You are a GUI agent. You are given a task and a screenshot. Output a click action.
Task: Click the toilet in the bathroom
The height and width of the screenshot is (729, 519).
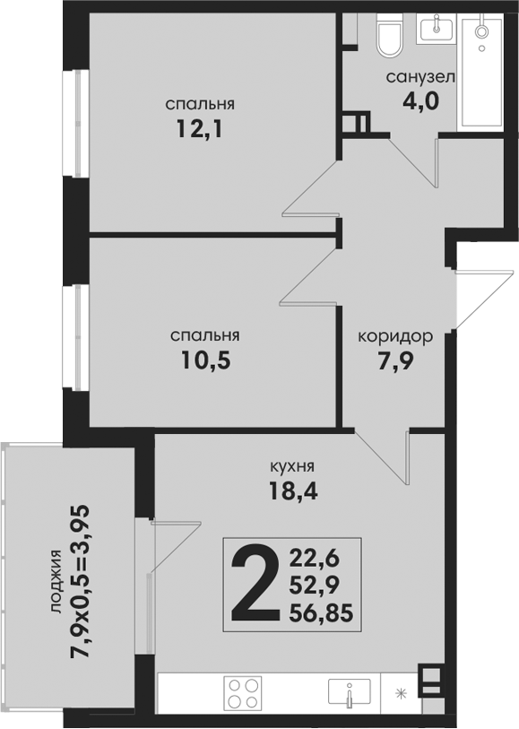pos(389,36)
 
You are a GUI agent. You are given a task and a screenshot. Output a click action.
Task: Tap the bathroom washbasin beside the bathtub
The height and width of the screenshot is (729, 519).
pos(437,29)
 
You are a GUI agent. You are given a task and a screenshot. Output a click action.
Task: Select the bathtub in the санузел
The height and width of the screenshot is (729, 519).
pos(480,72)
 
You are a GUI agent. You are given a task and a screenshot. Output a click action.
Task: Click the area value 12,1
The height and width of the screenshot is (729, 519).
pos(199,129)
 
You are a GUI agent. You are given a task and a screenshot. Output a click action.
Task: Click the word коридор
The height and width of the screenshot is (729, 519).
pos(395,335)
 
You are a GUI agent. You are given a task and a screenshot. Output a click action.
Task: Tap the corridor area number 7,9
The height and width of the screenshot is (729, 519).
pos(395,361)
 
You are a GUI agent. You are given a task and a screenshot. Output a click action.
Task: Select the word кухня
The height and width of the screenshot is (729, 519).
pos(292,465)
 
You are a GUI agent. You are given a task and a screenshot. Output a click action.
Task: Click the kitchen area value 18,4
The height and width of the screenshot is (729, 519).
pos(293,490)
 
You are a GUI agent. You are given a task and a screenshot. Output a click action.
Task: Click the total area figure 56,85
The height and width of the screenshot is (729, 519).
pos(321,613)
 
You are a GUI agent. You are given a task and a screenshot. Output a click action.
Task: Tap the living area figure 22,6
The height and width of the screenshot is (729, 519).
pos(315,557)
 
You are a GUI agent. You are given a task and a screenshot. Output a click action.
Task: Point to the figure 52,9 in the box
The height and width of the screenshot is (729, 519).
pos(315,585)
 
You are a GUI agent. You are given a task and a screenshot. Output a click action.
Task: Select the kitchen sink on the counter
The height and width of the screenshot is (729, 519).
pos(350,692)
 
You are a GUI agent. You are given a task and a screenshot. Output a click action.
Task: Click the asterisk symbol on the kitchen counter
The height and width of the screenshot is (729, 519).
pos(400,694)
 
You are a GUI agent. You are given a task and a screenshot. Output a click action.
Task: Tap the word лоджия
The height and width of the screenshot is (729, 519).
pos(56,582)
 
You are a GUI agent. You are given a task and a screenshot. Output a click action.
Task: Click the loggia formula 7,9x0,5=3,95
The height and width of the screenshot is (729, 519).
pos(79,581)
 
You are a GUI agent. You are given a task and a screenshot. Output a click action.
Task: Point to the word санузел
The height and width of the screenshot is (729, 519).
pos(420,77)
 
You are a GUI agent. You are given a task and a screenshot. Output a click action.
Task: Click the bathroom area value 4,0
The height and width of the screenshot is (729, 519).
pos(420,101)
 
